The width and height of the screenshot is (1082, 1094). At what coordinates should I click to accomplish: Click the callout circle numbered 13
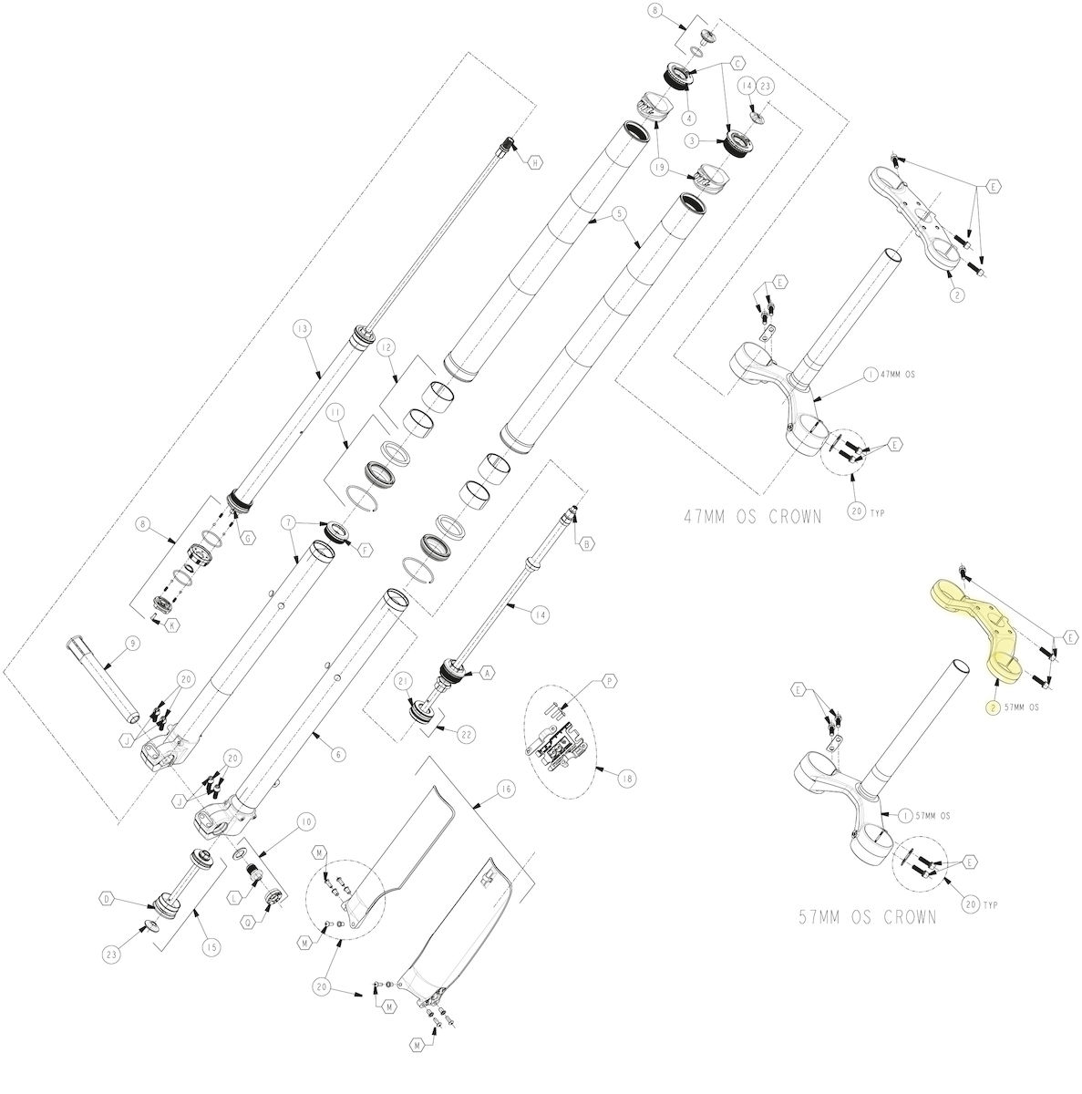click(303, 327)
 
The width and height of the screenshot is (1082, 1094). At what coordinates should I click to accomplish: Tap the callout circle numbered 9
click(133, 644)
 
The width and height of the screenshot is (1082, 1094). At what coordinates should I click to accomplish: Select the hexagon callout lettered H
click(536, 162)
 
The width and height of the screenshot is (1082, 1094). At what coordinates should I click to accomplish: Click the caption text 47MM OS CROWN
click(752, 518)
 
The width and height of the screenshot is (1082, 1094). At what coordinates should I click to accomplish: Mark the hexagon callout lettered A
click(487, 673)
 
